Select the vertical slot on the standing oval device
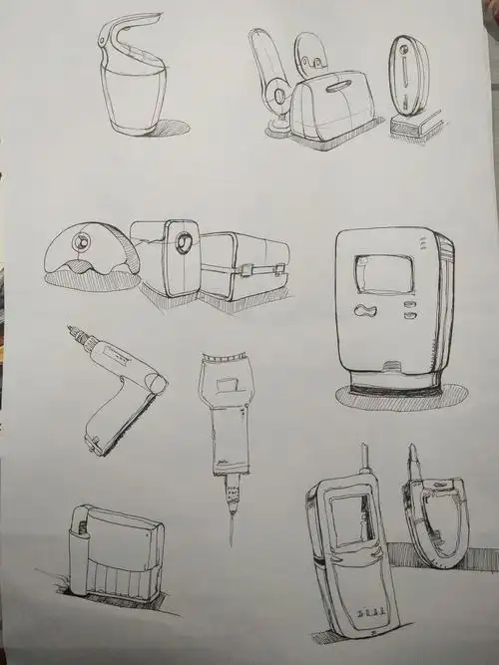[x=405, y=74]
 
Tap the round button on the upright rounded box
[x=183, y=244]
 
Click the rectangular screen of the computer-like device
[x=384, y=273]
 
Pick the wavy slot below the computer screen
[x=366, y=310]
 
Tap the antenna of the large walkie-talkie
[x=364, y=461]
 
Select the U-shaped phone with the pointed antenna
[x=434, y=518]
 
